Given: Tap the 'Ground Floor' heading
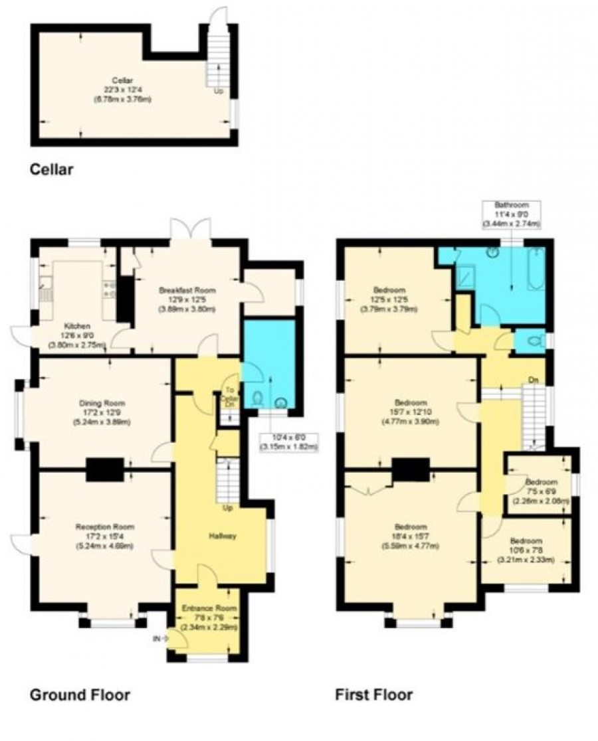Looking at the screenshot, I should point(80,695).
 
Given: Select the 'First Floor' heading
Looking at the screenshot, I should point(374,695).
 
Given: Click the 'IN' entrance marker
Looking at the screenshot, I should point(157,639).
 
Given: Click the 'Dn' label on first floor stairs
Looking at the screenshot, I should point(532,380).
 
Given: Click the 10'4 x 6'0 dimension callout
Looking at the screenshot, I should point(290,442).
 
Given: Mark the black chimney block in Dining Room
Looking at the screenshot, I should point(104,469).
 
